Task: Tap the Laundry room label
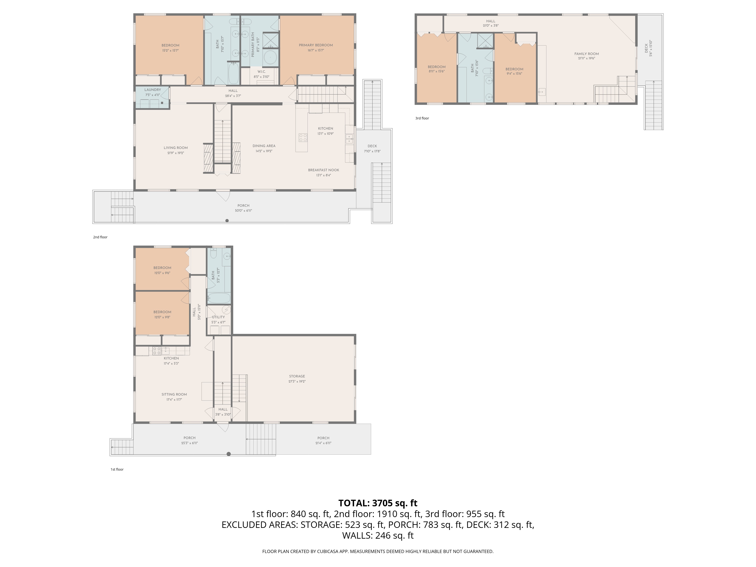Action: click(x=153, y=90)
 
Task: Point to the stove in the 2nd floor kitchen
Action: click(x=303, y=138)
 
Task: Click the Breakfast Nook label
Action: click(x=323, y=170)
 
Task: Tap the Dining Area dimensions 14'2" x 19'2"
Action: click(x=264, y=151)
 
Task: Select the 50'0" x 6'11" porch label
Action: click(x=243, y=211)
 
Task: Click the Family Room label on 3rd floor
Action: click(x=586, y=54)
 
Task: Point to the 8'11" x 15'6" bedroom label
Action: click(x=436, y=71)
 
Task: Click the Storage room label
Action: click(x=297, y=376)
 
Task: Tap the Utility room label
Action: click(x=218, y=317)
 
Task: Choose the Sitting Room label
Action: click(x=174, y=394)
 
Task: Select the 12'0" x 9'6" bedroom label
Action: click(x=162, y=273)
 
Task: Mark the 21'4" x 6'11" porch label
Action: click(x=323, y=443)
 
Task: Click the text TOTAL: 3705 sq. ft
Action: click(x=378, y=503)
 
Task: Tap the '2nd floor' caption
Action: click(x=100, y=237)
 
